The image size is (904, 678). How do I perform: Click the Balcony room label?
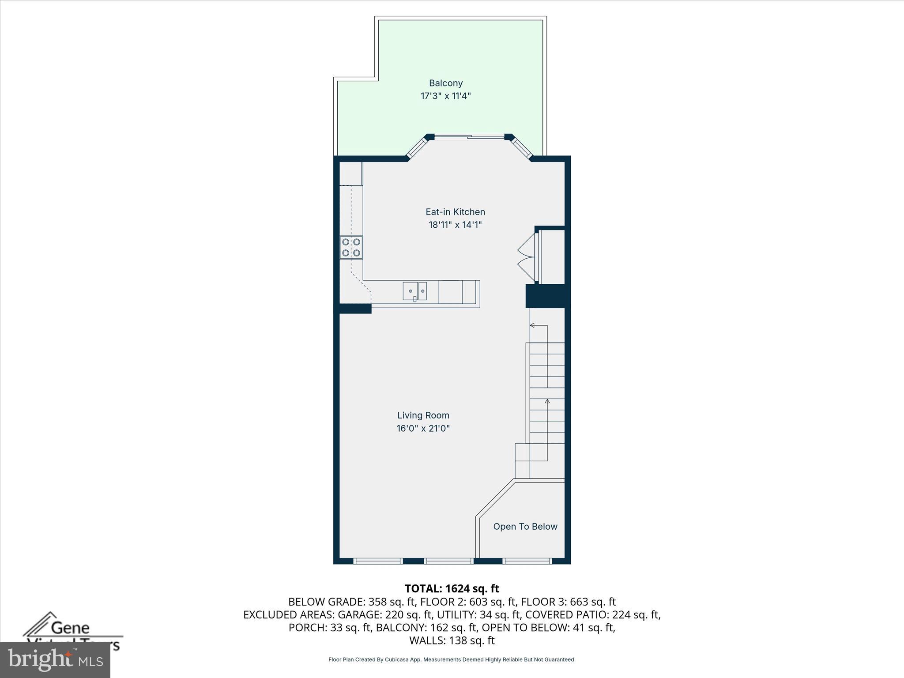tap(446, 83)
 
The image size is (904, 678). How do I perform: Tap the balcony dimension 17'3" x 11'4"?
tap(446, 96)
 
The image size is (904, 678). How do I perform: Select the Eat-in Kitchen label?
tap(455, 212)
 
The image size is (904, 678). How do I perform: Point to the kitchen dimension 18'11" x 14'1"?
tap(455, 225)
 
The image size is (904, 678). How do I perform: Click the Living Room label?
tap(423, 415)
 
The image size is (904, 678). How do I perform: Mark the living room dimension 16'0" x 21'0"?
tap(423, 428)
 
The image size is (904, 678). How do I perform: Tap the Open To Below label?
tap(525, 527)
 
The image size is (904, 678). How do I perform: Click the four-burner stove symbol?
tap(351, 248)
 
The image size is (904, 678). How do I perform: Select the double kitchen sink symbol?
tap(415, 291)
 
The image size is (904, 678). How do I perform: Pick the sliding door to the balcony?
tap(469, 137)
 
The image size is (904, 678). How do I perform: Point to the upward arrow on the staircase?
tap(547, 401)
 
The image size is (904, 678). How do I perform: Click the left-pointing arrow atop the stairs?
tap(532, 325)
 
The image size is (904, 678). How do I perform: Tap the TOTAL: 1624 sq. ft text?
tap(452, 588)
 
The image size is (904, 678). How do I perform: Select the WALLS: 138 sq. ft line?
tap(452, 640)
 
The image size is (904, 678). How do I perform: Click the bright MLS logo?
tap(55, 660)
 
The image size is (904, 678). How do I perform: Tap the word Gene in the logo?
tap(70, 628)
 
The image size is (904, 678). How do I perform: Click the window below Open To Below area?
tap(527, 561)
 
